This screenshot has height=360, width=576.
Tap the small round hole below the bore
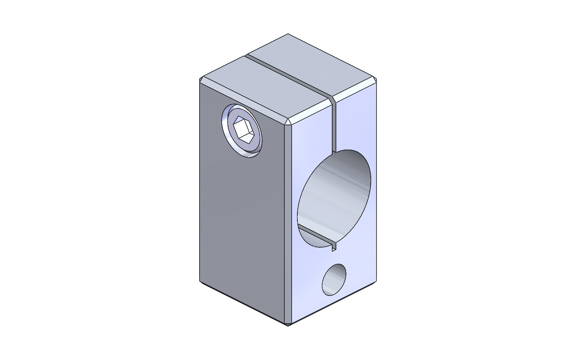pos(334,280)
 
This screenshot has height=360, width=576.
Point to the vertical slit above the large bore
pos(334,126)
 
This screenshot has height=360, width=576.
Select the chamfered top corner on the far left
pos(201,79)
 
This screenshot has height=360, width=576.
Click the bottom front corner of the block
pos(288,324)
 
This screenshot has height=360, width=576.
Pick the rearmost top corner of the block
pos(288,34)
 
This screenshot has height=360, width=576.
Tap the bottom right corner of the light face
pos(375,281)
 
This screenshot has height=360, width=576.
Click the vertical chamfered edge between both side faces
pos(288,222)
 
